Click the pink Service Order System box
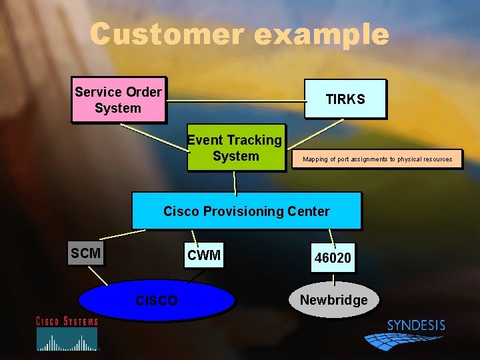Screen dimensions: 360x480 pyautogui.click(x=118, y=100)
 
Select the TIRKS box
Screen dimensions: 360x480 pyautogui.click(x=345, y=99)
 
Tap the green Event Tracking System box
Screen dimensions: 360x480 pyautogui.click(x=235, y=148)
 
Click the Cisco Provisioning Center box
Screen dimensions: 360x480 pyautogui.click(x=246, y=211)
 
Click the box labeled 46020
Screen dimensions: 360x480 pyautogui.click(x=333, y=257)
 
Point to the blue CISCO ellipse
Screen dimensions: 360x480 pyautogui.click(x=157, y=301)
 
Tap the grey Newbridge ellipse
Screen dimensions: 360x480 pyautogui.click(x=333, y=300)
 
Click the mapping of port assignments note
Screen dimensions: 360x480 pyautogui.click(x=377, y=159)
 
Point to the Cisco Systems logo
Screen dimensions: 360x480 pyautogui.click(x=67, y=333)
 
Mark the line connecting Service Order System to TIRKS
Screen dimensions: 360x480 pyautogui.click(x=233, y=101)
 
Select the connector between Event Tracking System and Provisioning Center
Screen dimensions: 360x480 pyautogui.click(x=235, y=182)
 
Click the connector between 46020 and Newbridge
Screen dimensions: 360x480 pyautogui.click(x=333, y=279)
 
